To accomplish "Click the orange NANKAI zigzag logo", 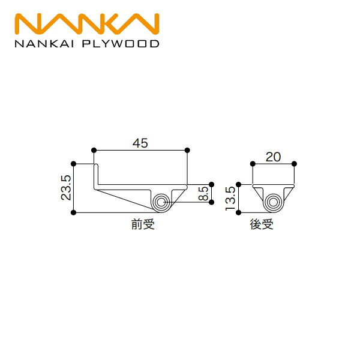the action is pyautogui.click(x=87, y=24).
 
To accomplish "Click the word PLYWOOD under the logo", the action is pyautogui.click(x=121, y=44).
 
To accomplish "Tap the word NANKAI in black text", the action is pyautogui.click(x=44, y=44).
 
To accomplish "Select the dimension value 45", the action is pyautogui.click(x=140, y=143).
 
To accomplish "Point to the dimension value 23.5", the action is pyautogui.click(x=66, y=188).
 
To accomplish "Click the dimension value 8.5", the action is pyautogui.click(x=203, y=194).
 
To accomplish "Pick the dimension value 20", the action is pyautogui.click(x=273, y=157).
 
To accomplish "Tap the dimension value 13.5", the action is pyautogui.click(x=230, y=199).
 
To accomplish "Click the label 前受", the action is pyautogui.click(x=143, y=224).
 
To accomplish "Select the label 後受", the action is pyautogui.click(x=262, y=224).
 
